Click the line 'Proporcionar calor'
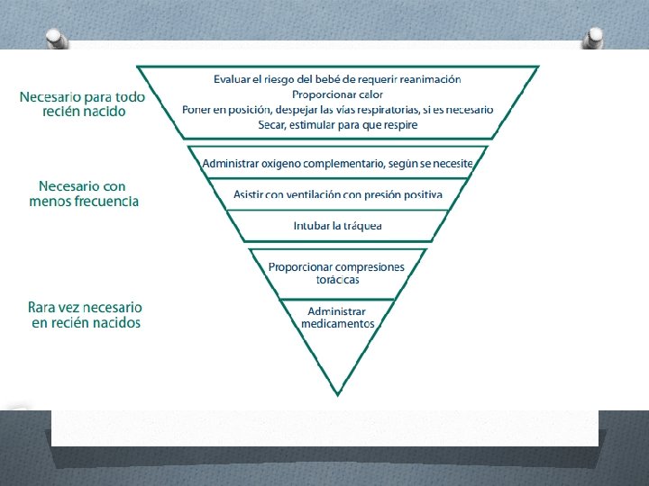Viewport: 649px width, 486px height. pos(337,94)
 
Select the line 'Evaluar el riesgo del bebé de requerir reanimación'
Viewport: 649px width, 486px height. pos(337,79)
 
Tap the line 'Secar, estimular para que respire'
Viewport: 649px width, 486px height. pos(337,124)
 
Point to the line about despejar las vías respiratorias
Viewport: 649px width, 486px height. pos(337,110)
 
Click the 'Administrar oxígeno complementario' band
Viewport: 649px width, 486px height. pos(337,163)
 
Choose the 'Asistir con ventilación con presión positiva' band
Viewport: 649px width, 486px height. pos(337,194)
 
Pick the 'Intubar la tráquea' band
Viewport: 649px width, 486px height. pos(337,225)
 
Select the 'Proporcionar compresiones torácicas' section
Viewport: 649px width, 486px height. pos(336,273)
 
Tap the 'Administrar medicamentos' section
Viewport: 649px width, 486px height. pos(337,317)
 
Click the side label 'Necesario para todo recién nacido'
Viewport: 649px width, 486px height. pos(82,104)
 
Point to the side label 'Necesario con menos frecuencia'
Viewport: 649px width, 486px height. pos(84,193)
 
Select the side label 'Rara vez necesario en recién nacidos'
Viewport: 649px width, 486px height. pos(85,315)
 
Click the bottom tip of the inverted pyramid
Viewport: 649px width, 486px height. pos(337,392)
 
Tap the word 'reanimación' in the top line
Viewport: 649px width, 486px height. pos(430,79)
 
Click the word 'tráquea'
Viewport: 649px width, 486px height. pos(361,225)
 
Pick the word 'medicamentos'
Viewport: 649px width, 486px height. pos(337,323)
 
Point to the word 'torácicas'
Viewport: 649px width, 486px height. pos(336,279)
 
